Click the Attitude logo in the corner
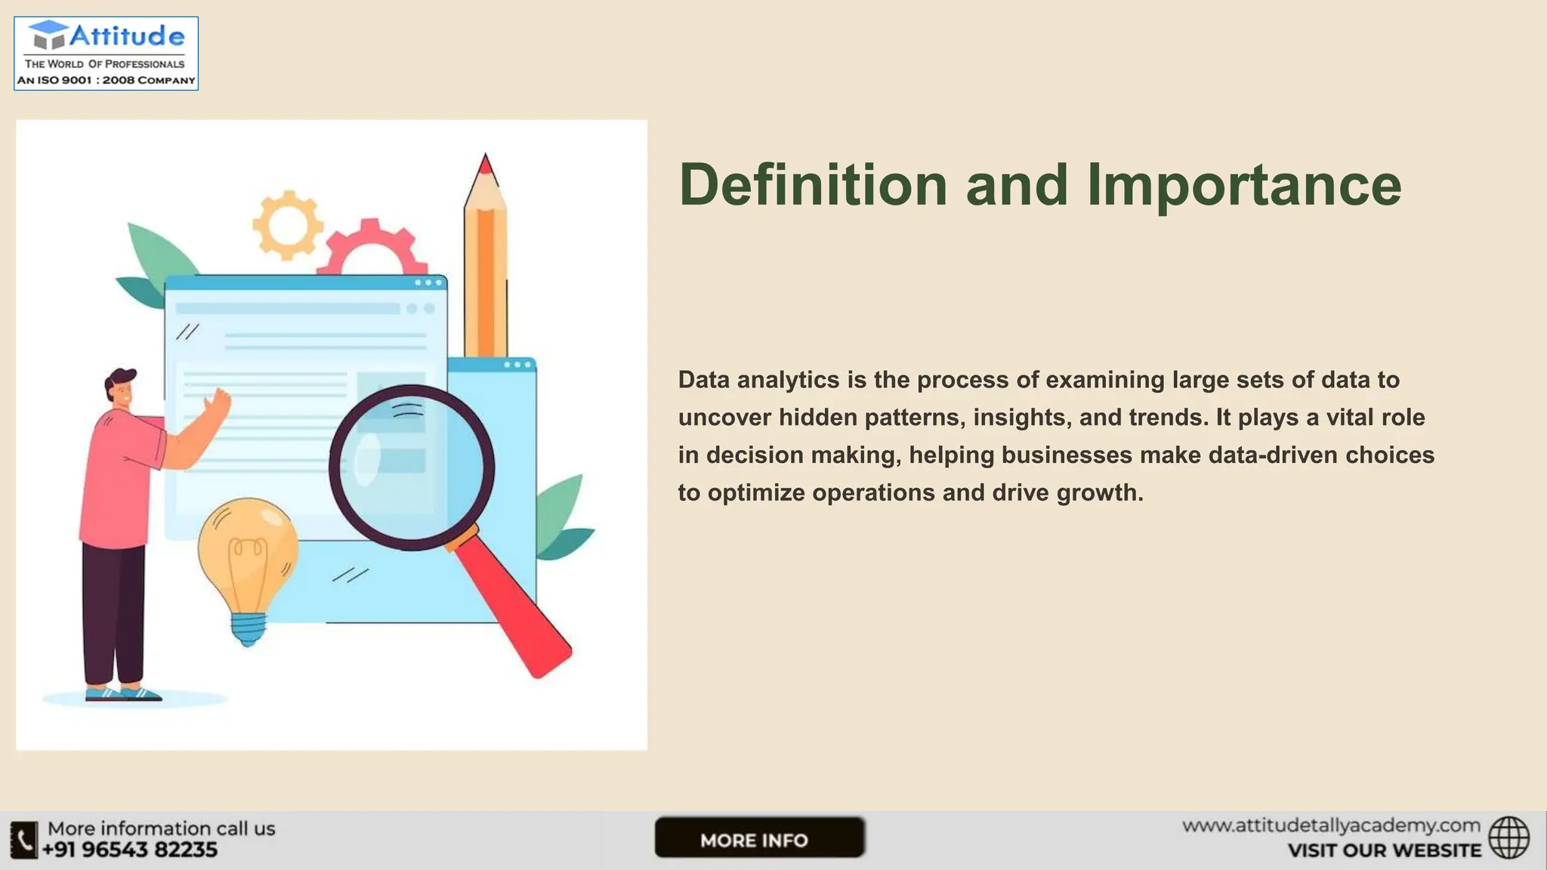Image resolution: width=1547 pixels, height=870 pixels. click(x=106, y=54)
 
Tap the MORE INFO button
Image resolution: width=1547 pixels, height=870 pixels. click(x=758, y=838)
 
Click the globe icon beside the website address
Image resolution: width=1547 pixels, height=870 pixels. click(x=1508, y=838)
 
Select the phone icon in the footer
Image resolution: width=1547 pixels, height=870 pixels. click(x=23, y=840)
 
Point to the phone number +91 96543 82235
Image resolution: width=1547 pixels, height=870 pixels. click(x=130, y=850)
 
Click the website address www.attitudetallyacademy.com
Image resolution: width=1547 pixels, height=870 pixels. click(x=1330, y=825)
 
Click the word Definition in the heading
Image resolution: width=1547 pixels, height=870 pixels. click(x=813, y=185)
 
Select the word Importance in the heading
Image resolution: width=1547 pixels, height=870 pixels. click(x=1243, y=185)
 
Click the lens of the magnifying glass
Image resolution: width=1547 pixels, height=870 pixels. click(x=412, y=467)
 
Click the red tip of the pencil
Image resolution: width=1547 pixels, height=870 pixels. click(x=486, y=164)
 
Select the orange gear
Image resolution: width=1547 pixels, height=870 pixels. click(x=287, y=224)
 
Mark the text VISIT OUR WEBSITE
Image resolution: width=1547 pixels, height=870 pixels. click(x=1384, y=851)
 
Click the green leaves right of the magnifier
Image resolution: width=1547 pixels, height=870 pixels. click(x=564, y=517)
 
